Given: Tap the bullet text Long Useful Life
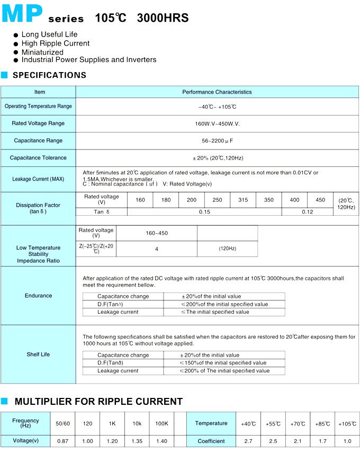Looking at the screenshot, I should tap(49, 34).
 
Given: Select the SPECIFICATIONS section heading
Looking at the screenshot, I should tap(49, 75).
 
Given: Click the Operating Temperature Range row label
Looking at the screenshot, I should tap(38, 107).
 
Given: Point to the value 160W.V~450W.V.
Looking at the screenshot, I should tap(217, 123).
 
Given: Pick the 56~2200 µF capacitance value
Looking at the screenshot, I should tap(217, 140).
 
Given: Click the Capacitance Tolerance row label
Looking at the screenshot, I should tap(38, 158).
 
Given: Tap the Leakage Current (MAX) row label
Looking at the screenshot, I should tap(38, 179).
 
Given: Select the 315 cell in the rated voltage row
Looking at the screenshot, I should tap(243, 200).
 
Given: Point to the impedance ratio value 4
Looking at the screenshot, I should tap(157, 249).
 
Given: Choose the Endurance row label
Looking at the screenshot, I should tap(38, 296).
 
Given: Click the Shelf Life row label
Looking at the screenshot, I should tap(38, 354).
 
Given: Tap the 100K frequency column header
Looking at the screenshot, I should tap(161, 423).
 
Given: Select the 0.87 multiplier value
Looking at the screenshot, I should tap(62, 441).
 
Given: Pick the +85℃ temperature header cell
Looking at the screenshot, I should tap(322, 424).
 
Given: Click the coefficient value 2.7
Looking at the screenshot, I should tap(248, 441).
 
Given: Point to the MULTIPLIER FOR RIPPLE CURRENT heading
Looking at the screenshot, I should tap(98, 402).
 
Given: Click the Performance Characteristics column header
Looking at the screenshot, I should tap(217, 92).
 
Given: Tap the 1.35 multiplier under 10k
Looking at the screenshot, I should tap(137, 441).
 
